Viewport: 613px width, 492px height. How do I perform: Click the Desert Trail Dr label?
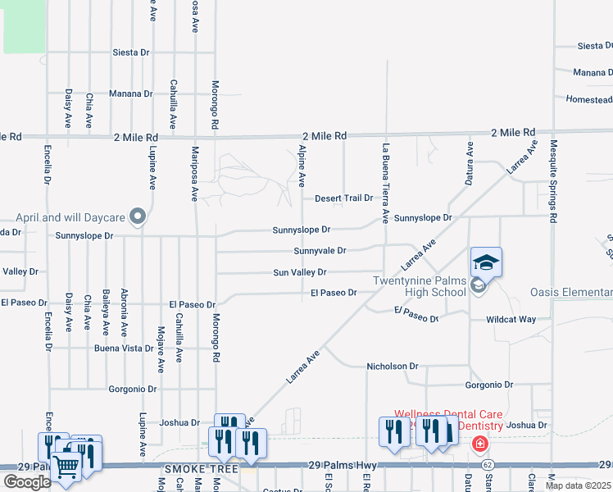[343, 198]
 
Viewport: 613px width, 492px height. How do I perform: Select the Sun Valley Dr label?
[299, 271]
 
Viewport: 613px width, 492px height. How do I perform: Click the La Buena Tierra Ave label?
[384, 184]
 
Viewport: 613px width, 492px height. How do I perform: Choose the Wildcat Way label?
[511, 319]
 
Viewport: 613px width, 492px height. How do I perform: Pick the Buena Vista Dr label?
[124, 348]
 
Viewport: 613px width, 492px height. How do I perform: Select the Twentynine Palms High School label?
[420, 286]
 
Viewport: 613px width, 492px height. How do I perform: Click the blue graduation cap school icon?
[486, 262]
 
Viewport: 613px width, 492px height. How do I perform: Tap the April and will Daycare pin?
[138, 217]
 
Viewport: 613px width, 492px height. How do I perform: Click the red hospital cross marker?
[479, 444]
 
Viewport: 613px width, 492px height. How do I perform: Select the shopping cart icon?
[66, 466]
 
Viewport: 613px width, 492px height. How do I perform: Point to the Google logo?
[27, 482]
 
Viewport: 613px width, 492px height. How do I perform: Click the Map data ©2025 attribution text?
[579, 485]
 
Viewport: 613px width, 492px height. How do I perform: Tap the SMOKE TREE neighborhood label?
[201, 469]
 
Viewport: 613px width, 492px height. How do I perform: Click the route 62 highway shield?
[488, 465]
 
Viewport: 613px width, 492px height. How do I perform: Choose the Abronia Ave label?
[124, 312]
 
